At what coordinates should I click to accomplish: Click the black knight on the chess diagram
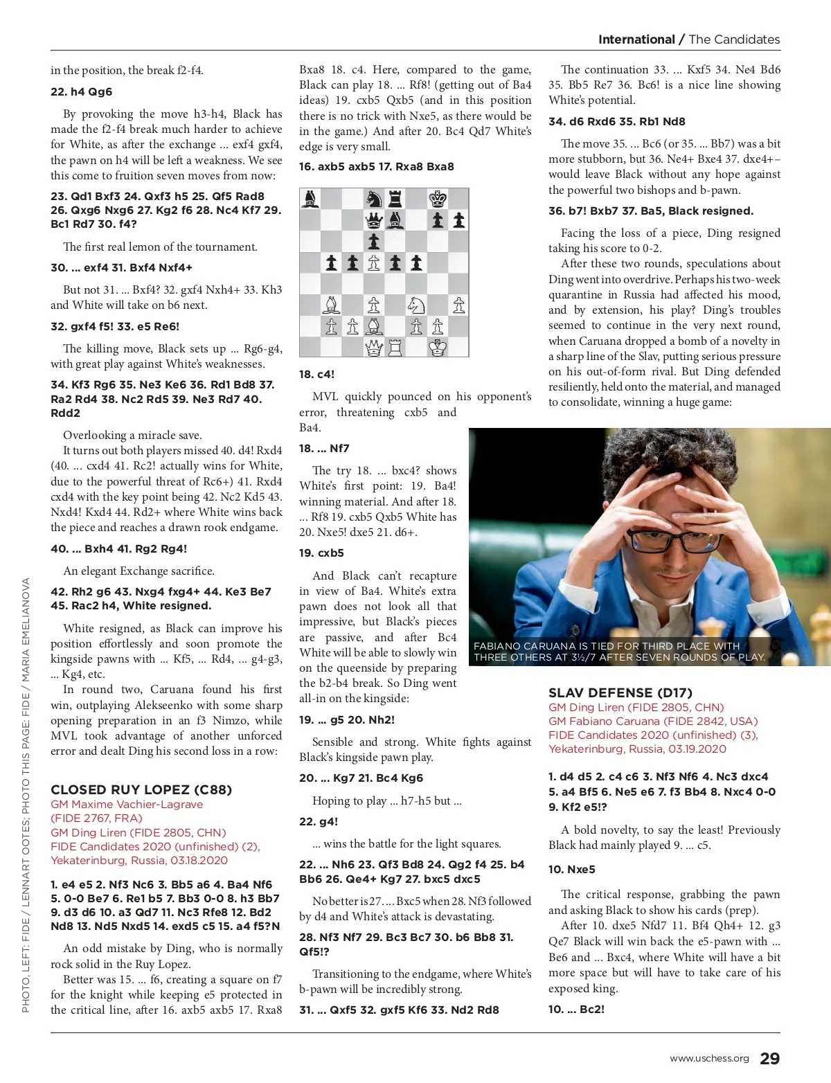[374, 199]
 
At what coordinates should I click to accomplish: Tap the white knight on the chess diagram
[416, 305]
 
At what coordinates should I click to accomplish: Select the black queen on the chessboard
[374, 221]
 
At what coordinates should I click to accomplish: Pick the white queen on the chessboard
[374, 348]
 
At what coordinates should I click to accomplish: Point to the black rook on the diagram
[395, 199]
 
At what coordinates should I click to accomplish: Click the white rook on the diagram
[395, 348]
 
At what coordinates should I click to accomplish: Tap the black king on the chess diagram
[438, 199]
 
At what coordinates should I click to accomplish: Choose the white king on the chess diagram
[438, 348]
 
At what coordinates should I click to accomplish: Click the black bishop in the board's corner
[310, 199]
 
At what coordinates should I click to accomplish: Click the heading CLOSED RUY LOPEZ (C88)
[141, 789]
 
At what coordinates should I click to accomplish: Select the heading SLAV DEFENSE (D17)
[620, 692]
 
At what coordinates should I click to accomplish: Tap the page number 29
[769, 1059]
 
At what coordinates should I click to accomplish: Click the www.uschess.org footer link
[709, 1059]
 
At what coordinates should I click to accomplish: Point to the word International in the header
[636, 39]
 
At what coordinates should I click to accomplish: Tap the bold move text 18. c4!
[316, 374]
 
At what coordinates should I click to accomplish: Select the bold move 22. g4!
[319, 821]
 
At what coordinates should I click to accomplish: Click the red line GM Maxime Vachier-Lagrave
[127, 804]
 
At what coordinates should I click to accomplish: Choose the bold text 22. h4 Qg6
[81, 91]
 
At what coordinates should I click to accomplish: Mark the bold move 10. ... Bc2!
[576, 1009]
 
